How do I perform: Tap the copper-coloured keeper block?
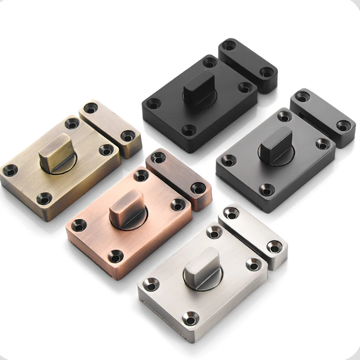[179, 178]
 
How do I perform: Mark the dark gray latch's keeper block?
[322, 117]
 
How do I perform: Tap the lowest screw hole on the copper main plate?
[116, 257]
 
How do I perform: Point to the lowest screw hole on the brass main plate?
[44, 198]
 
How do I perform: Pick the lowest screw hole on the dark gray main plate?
[266, 191]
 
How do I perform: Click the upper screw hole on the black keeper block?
[229, 45]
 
